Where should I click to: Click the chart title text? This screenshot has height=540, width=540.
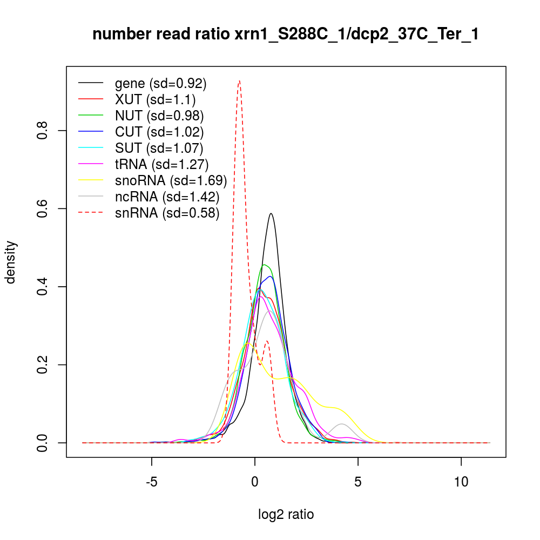point(286,35)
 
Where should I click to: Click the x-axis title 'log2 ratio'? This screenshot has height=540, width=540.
point(286,514)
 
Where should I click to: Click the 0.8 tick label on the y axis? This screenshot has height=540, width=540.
point(43,131)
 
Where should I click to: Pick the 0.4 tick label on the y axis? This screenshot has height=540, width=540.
point(43,287)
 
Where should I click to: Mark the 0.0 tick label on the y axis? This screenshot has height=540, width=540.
point(43,443)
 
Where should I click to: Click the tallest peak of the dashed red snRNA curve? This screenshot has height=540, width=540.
point(239,80)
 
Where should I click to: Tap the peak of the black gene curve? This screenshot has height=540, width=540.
point(271,213)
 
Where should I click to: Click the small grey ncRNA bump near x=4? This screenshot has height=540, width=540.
point(341,424)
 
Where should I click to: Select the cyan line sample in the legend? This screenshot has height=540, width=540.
point(91,148)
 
